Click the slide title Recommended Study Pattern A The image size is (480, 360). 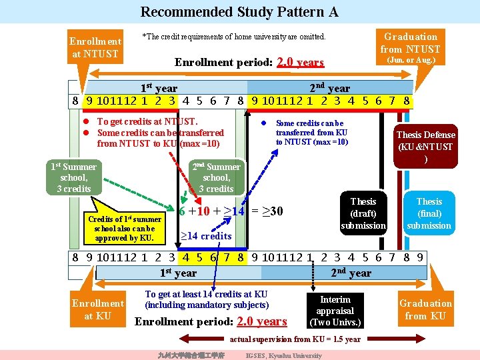click(x=239, y=12)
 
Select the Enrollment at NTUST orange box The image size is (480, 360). click(x=95, y=47)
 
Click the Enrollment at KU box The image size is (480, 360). click(x=98, y=309)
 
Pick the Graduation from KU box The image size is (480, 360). click(x=425, y=309)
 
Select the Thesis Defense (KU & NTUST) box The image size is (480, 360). click(x=425, y=147)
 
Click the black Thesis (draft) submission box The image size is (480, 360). click(x=363, y=213)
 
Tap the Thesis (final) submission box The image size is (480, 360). click(x=429, y=213)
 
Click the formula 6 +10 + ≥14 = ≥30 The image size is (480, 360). click(x=231, y=211)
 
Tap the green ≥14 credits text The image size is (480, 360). click(x=206, y=235)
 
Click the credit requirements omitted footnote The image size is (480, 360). click(x=234, y=37)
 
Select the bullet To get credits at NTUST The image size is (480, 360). click(x=147, y=121)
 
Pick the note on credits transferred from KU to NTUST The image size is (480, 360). click(x=311, y=133)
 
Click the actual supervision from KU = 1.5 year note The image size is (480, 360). click(x=295, y=339)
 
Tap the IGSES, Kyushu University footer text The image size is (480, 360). click(x=284, y=355)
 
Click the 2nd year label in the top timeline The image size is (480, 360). click(x=329, y=88)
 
